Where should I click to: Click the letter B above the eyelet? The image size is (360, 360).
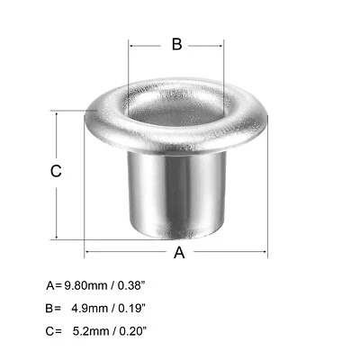pyautogui.click(x=176, y=44)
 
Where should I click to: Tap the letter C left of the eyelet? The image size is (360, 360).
pyautogui.click(x=56, y=171)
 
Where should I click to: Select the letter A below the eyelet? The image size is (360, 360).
pyautogui.click(x=179, y=253)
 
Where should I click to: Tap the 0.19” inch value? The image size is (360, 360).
pyautogui.click(x=131, y=309)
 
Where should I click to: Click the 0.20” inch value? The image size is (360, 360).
pyautogui.click(x=131, y=331)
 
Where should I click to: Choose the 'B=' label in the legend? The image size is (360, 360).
pyautogui.click(x=53, y=309)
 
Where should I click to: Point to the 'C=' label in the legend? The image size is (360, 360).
pyautogui.click(x=53, y=331)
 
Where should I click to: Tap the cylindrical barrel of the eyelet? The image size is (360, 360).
pyautogui.click(x=176, y=193)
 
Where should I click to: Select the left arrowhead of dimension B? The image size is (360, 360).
pyautogui.click(x=132, y=44)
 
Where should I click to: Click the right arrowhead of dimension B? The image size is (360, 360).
pyautogui.click(x=220, y=44)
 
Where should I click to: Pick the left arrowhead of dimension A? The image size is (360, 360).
pyautogui.click(x=88, y=253)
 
